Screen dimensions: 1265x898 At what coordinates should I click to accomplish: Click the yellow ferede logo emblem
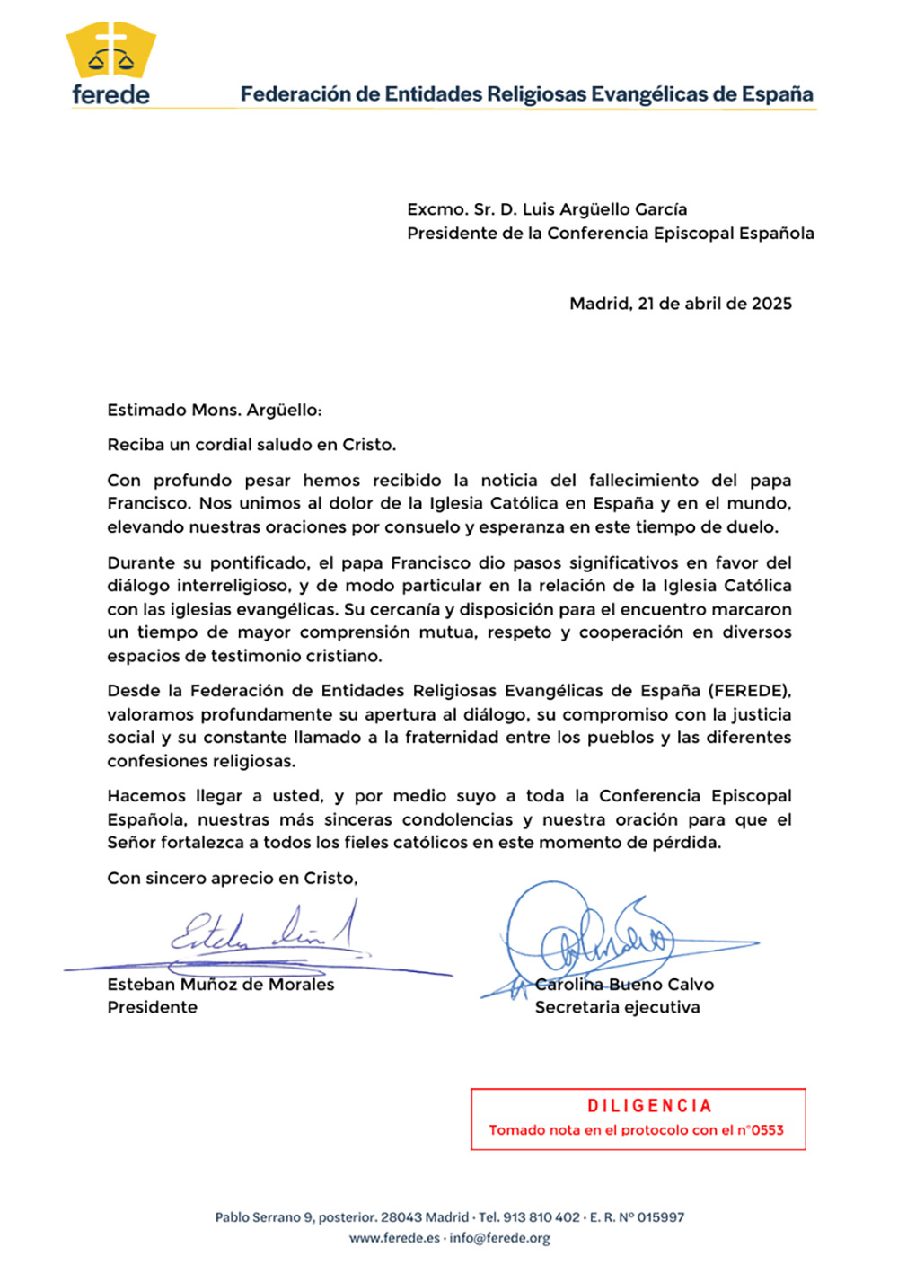click(110, 52)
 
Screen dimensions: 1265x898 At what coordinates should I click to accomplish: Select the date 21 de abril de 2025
click(714, 304)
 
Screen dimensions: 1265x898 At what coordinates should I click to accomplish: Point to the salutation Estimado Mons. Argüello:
click(214, 411)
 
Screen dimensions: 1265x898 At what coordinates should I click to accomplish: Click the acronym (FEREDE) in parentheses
click(749, 691)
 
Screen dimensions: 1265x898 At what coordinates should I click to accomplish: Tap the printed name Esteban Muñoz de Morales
click(220, 985)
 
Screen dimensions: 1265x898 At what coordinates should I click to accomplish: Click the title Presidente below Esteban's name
click(152, 1007)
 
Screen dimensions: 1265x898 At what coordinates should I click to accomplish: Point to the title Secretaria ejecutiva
click(617, 1007)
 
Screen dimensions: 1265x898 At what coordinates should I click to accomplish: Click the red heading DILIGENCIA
click(649, 1106)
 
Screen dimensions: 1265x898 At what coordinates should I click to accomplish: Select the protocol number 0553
click(767, 1130)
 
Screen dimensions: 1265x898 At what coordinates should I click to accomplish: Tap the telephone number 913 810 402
click(541, 1217)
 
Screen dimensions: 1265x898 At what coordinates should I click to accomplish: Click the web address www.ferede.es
click(394, 1238)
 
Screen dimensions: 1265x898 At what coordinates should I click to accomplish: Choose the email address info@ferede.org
click(499, 1238)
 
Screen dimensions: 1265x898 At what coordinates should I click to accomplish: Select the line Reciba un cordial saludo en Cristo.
click(251, 445)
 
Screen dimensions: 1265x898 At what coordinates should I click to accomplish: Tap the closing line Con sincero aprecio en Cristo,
click(232, 879)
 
